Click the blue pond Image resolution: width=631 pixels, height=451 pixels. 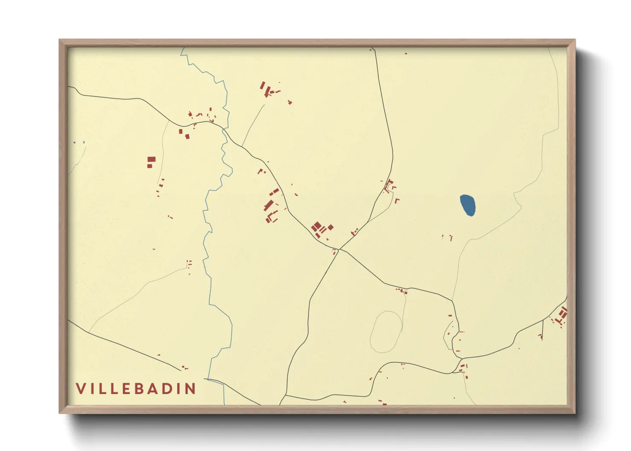468,205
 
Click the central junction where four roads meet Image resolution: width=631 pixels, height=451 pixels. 339,249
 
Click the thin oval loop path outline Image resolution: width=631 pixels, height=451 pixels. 386,332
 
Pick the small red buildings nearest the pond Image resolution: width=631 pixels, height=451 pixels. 448,237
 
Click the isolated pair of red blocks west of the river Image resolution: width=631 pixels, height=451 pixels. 151,162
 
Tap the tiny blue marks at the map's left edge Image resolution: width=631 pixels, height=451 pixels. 79,142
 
